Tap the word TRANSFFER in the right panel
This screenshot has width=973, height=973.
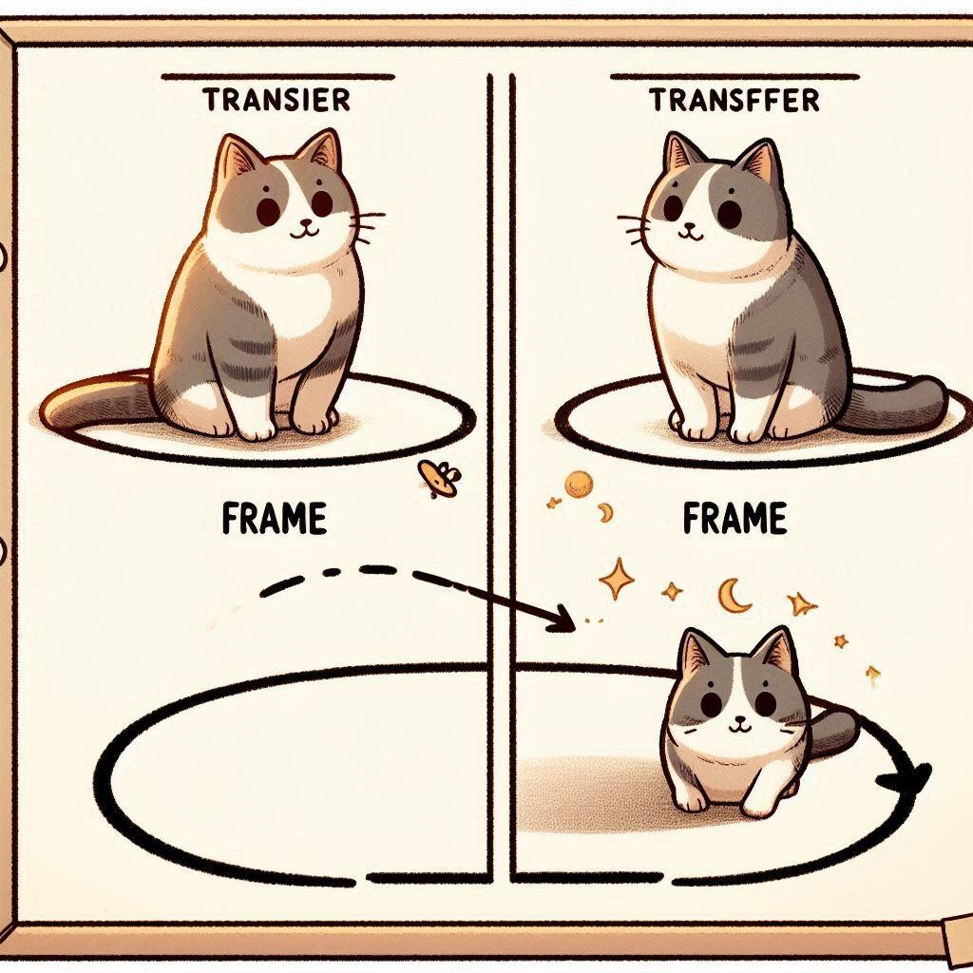[x=734, y=100]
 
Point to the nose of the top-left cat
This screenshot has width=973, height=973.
[x=303, y=224]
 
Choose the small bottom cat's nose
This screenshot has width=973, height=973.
[x=735, y=721]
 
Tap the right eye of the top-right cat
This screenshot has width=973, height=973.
[x=730, y=213]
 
